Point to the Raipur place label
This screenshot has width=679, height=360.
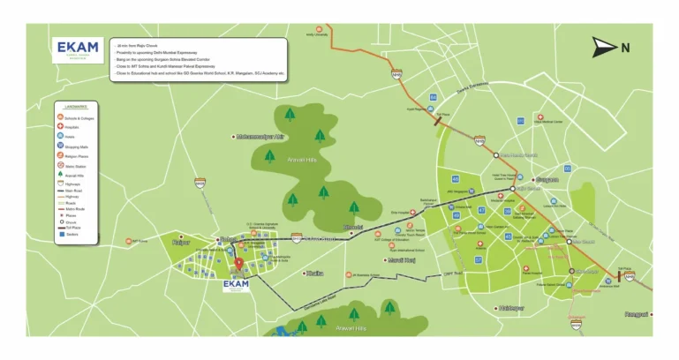point(181,240)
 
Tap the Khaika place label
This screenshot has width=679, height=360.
point(314,274)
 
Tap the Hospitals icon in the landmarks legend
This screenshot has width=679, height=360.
point(57,126)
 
